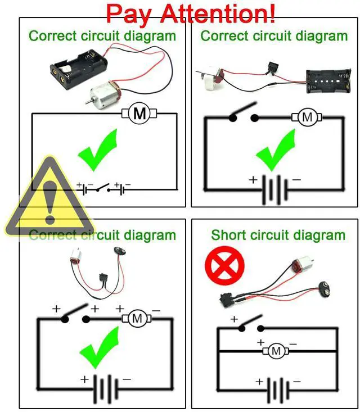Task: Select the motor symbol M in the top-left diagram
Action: (x=139, y=114)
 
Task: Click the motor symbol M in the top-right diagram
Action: (x=307, y=117)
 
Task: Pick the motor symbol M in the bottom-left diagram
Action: (x=137, y=319)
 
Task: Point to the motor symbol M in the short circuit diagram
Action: (x=276, y=351)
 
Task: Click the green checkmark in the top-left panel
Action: (x=98, y=151)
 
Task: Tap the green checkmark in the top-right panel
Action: (x=276, y=151)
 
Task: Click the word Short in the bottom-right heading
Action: (x=229, y=235)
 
